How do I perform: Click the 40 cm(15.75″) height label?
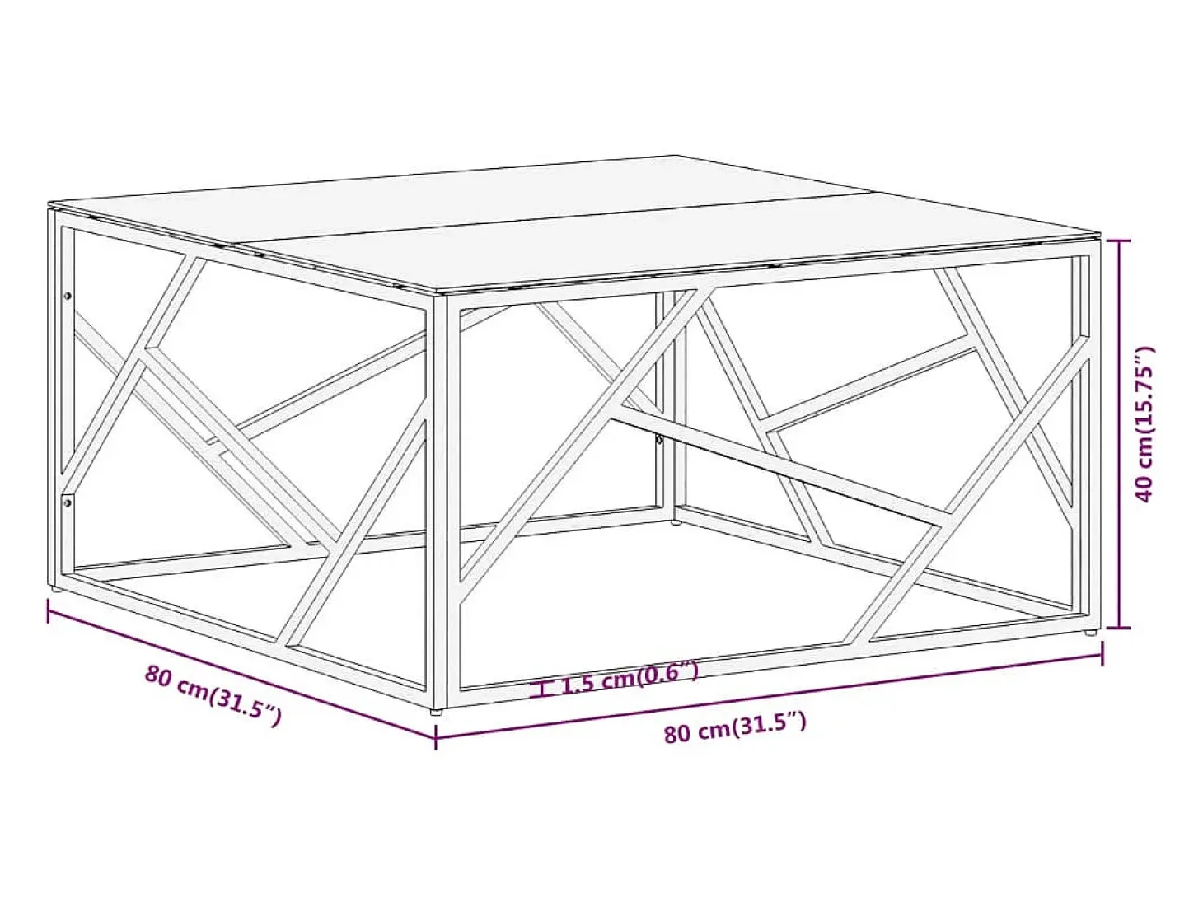click(1144, 424)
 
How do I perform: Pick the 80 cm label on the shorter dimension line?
click(213, 695)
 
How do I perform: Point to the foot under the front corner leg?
click(436, 713)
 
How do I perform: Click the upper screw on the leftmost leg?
click(68, 296)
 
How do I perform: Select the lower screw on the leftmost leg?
click(67, 502)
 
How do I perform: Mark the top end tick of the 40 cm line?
click(1118, 241)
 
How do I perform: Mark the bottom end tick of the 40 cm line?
click(1118, 629)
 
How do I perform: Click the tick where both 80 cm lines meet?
click(436, 736)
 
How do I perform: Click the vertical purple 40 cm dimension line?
click(1118, 434)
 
